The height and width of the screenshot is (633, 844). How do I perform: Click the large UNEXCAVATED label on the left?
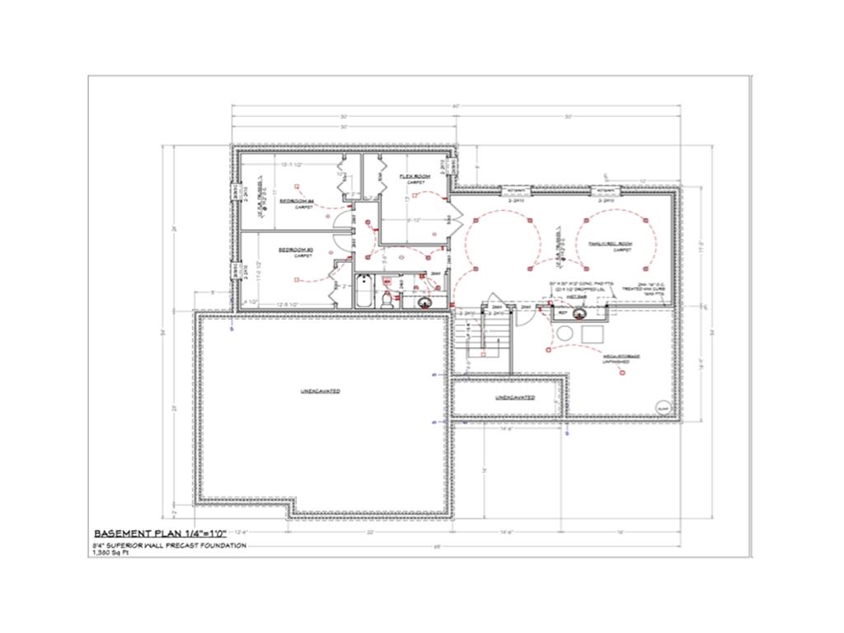320,391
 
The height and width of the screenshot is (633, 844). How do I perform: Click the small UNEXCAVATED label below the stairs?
514,397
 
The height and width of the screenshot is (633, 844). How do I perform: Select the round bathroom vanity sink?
424,301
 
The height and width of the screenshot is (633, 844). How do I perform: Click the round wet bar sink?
578,312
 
